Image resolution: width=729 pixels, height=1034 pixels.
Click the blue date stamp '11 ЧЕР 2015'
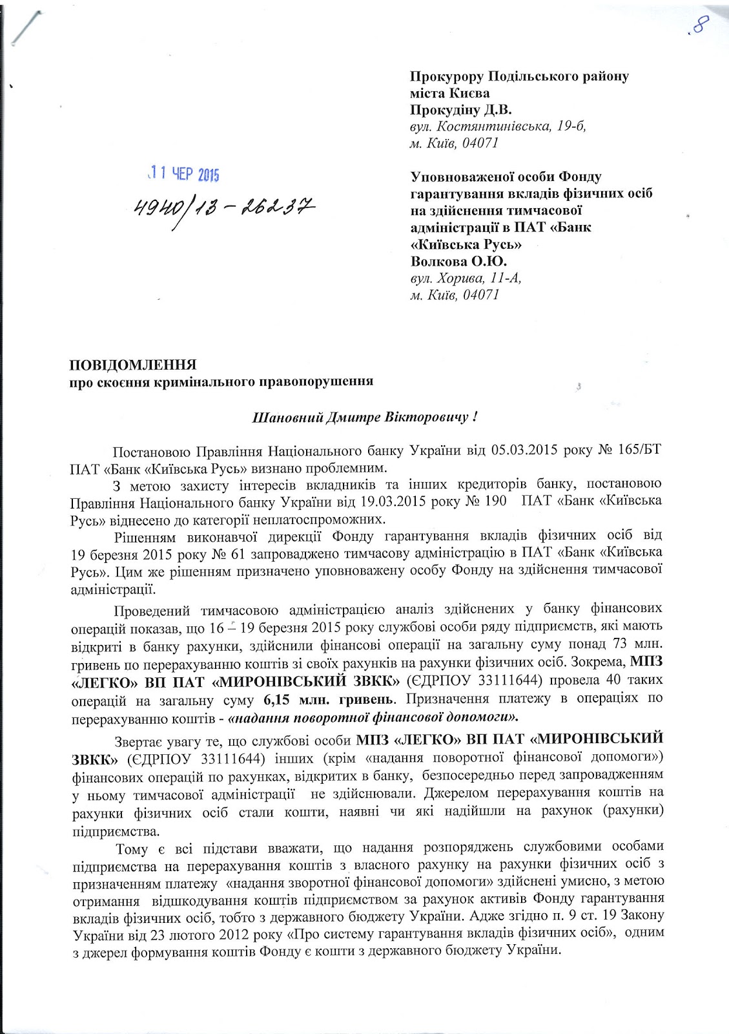point(183,174)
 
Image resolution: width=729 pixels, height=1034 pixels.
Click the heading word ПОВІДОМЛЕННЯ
point(133,364)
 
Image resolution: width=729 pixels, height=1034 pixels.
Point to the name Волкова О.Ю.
point(458,261)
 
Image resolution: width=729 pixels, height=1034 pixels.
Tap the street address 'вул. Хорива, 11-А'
point(466,278)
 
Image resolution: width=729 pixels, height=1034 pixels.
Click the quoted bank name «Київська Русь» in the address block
point(466,244)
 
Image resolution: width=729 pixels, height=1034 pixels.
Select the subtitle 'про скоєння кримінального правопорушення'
point(221,381)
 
